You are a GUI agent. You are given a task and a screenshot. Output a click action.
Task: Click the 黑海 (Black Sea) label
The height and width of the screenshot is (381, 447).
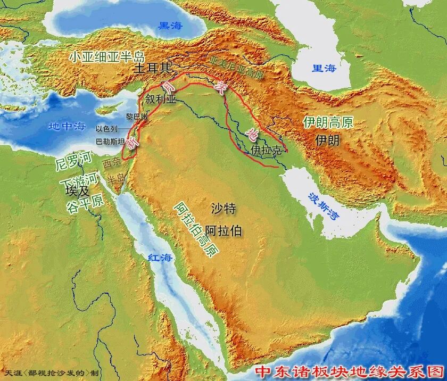coord(170,25)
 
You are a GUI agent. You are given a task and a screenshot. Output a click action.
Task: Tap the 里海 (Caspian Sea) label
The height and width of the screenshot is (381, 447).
coord(324,69)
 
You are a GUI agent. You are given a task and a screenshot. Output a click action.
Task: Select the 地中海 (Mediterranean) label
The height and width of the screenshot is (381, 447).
coord(67,127)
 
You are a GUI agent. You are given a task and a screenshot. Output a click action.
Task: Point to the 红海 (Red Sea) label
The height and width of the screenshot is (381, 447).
coord(161,258)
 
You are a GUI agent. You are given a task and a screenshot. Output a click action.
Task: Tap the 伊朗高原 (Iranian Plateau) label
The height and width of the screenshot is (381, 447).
coord(328,122)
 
